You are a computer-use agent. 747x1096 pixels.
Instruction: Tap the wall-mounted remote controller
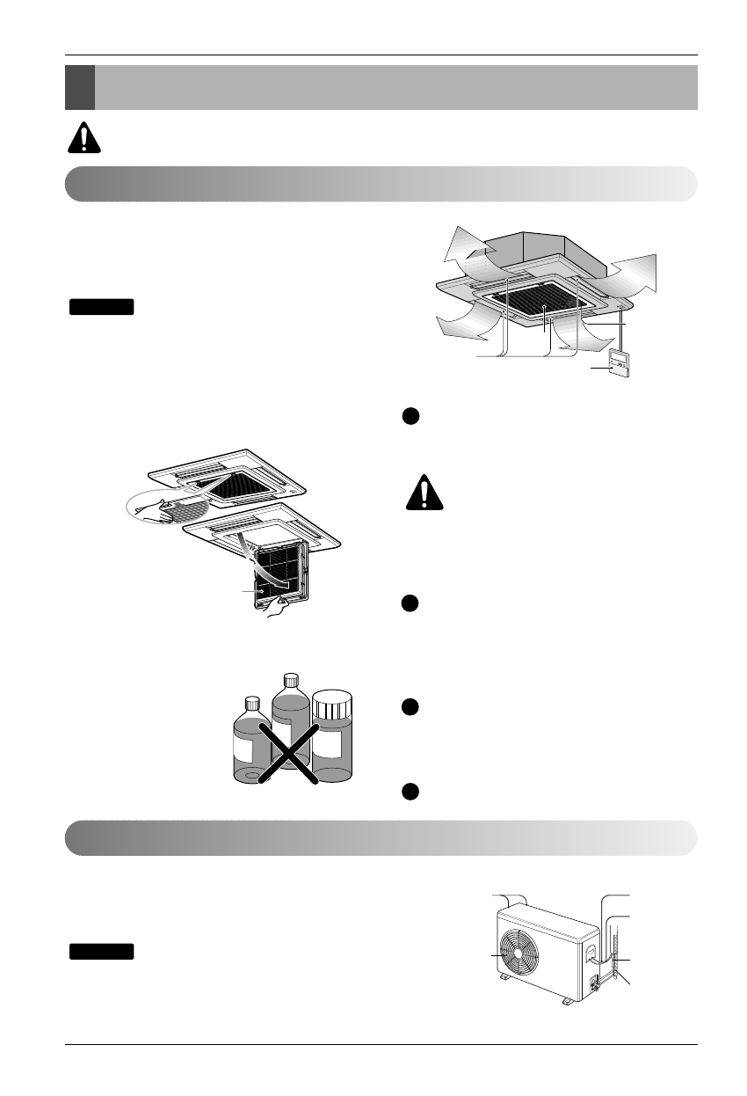[619, 363]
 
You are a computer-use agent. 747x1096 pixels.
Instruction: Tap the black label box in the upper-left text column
[102, 307]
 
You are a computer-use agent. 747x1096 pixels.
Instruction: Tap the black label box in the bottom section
[102, 951]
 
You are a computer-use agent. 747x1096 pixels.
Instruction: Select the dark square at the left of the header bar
[80, 86]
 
